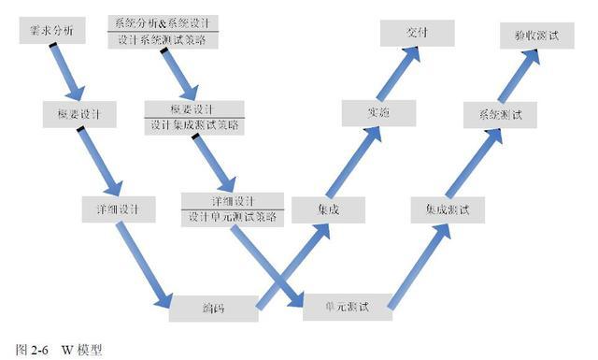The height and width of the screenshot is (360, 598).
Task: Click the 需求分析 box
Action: tap(52, 32)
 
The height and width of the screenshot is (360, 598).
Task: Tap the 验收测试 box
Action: tap(536, 35)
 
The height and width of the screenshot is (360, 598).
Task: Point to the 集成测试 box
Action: tap(448, 209)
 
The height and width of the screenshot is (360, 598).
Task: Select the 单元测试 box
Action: tap(347, 306)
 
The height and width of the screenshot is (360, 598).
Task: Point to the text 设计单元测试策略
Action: tap(232, 217)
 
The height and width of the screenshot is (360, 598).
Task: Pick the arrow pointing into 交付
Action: tap(399, 74)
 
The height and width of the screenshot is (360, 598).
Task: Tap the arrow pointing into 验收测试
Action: tap(520, 74)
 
